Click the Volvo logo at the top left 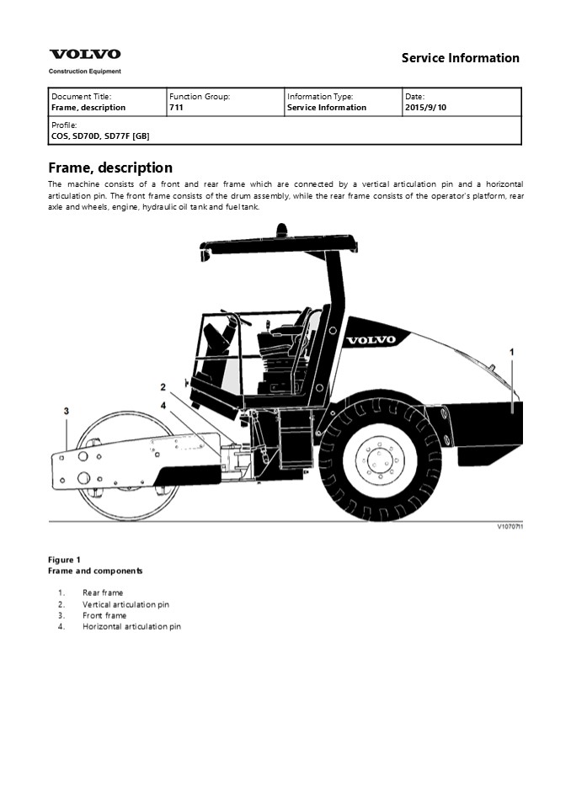(84, 54)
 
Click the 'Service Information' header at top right (460, 58)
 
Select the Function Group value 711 (177, 108)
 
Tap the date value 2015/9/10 (426, 108)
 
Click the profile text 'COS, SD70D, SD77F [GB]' (100, 136)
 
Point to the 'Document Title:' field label (81, 97)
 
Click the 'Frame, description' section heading (110, 167)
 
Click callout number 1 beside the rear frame (512, 350)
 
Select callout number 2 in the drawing (163, 387)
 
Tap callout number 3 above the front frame (66, 411)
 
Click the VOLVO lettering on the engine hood (370, 340)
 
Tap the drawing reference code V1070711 (509, 527)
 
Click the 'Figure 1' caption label (65, 560)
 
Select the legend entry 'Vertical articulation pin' (125, 604)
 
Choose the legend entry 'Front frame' (104, 615)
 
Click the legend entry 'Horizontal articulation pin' (131, 626)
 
